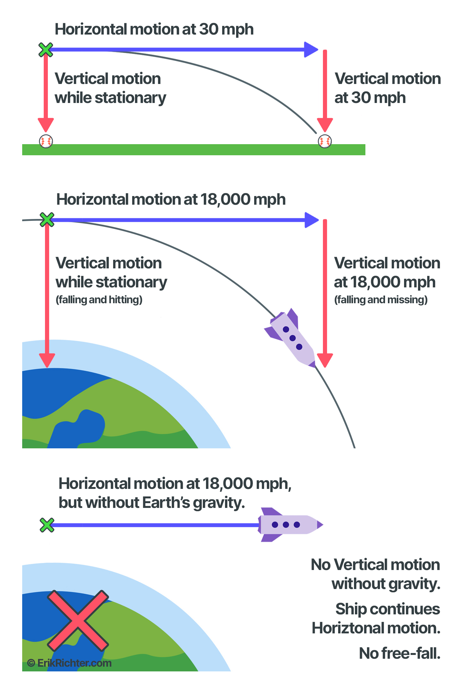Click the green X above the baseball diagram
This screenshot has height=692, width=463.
tap(46, 50)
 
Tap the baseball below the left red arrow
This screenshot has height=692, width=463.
tap(46, 141)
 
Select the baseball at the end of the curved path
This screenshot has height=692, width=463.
tap(325, 141)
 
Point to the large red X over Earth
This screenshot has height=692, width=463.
tap(78, 620)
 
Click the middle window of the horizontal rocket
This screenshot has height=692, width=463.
tap(286, 525)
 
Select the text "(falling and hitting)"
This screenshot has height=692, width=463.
tap(99, 300)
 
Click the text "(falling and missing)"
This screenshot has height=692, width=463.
tap(381, 300)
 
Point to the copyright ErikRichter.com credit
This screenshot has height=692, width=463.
tap(69, 663)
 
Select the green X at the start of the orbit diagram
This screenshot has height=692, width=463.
tap(47, 220)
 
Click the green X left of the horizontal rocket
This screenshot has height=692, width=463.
tap(47, 525)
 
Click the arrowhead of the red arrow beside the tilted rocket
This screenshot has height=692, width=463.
tap(325, 361)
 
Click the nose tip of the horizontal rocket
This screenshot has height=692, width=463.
tap(322, 525)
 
